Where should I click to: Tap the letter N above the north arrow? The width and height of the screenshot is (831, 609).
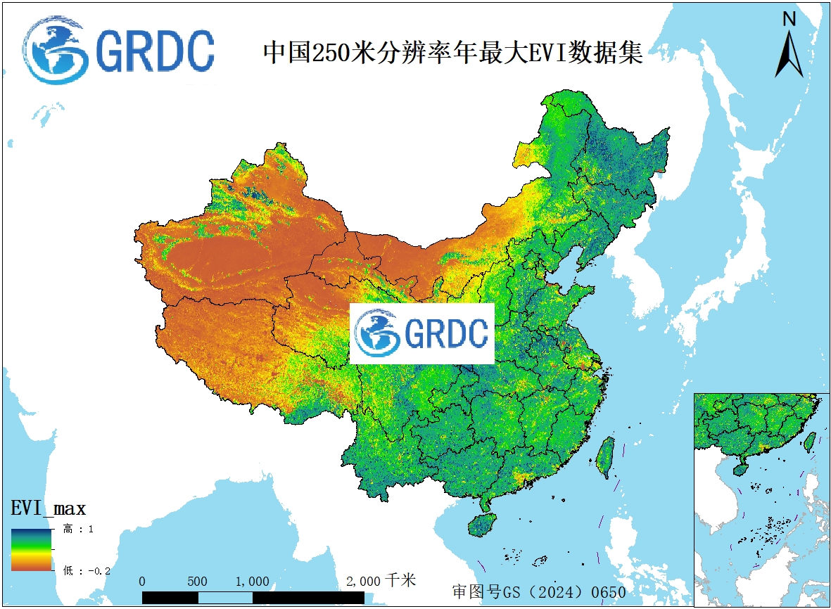click(x=789, y=20)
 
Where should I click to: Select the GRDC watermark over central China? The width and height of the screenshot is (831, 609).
click(x=422, y=333)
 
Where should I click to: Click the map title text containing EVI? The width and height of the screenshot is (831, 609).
click(x=452, y=52)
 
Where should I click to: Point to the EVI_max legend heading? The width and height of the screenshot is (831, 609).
click(x=49, y=508)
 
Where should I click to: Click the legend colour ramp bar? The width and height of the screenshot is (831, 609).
click(x=31, y=549)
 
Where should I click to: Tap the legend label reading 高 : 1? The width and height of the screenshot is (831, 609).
click(x=78, y=529)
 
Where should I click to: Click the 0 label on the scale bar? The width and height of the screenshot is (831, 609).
click(x=143, y=582)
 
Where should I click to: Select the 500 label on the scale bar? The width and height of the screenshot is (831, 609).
click(x=198, y=582)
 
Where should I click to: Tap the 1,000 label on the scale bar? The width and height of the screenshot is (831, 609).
click(x=252, y=582)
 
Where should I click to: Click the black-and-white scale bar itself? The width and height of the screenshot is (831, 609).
click(x=253, y=597)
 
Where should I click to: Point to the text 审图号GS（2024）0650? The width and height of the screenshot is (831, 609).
click(x=538, y=591)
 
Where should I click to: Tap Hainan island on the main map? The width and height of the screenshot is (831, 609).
click(x=483, y=525)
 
